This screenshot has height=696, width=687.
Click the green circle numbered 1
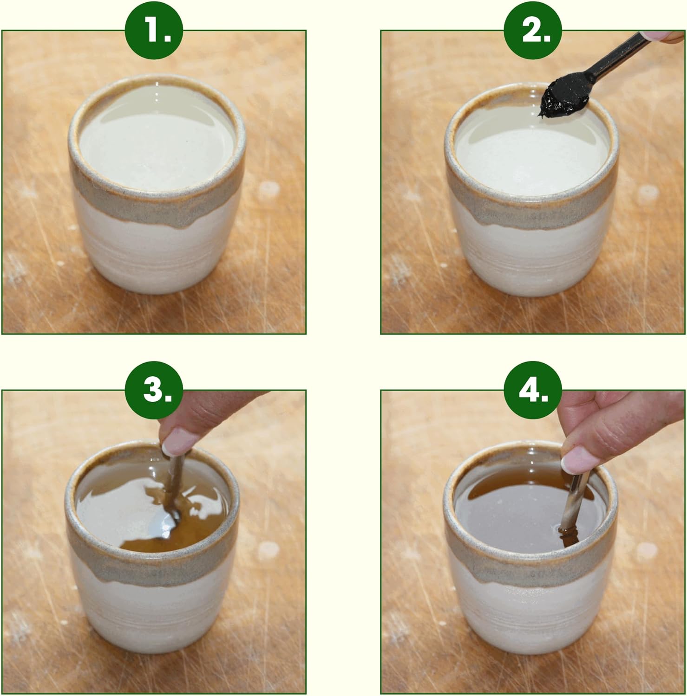pos(154,31)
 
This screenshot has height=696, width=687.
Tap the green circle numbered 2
pos(533,31)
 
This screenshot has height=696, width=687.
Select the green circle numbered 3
pos(154,390)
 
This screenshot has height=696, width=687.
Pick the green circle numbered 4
pos(533,390)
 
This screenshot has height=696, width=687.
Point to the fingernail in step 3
pos(177,441)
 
